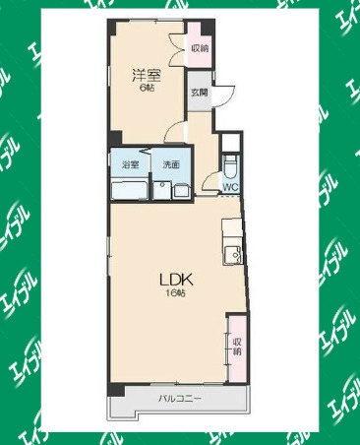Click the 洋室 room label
(x=147, y=76)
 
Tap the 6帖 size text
(x=147, y=88)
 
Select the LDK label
(x=175, y=280)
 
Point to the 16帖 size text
(x=175, y=293)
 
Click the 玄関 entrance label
(x=200, y=93)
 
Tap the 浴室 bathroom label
(x=130, y=164)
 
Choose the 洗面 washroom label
(x=171, y=164)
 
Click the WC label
(x=230, y=187)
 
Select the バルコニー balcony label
(x=180, y=399)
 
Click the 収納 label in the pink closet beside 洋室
(x=200, y=48)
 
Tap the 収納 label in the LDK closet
(x=237, y=347)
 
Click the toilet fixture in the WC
(x=230, y=166)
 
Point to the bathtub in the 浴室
(x=129, y=189)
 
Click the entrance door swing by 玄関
(x=224, y=96)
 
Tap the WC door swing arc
(x=210, y=181)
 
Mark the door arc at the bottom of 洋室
(x=174, y=131)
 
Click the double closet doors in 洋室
(x=177, y=48)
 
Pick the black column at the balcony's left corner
(x=116, y=391)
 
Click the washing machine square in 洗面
(x=181, y=191)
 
